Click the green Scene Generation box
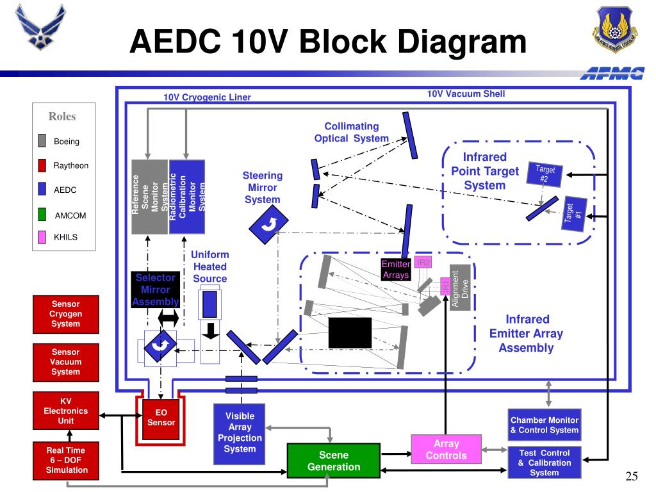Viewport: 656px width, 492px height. [x=333, y=460]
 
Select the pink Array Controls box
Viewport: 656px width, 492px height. [x=446, y=449]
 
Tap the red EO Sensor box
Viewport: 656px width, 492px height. [x=161, y=418]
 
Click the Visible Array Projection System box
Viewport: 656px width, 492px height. [x=240, y=434]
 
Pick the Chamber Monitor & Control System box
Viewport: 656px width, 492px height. [x=545, y=425]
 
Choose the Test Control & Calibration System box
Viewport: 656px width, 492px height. [x=545, y=463]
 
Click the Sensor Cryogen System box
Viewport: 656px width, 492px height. [x=66, y=314]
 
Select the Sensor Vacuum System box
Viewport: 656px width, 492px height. [x=66, y=363]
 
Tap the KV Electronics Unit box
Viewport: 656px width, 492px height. [x=66, y=411]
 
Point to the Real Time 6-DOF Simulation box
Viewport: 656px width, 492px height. [x=66, y=461]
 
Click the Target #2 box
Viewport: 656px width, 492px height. [x=545, y=174]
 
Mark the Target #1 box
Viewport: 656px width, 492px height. [x=574, y=213]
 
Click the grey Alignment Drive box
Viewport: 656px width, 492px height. [x=460, y=288]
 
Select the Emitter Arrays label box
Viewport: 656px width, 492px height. [x=396, y=270]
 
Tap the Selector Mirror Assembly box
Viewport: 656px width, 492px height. [x=155, y=290]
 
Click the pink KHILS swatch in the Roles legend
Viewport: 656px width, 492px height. [x=42, y=237]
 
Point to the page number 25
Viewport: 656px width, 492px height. [x=631, y=476]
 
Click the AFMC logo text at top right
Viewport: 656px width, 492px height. [x=612, y=73]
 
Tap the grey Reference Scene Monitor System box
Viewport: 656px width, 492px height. [x=149, y=197]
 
